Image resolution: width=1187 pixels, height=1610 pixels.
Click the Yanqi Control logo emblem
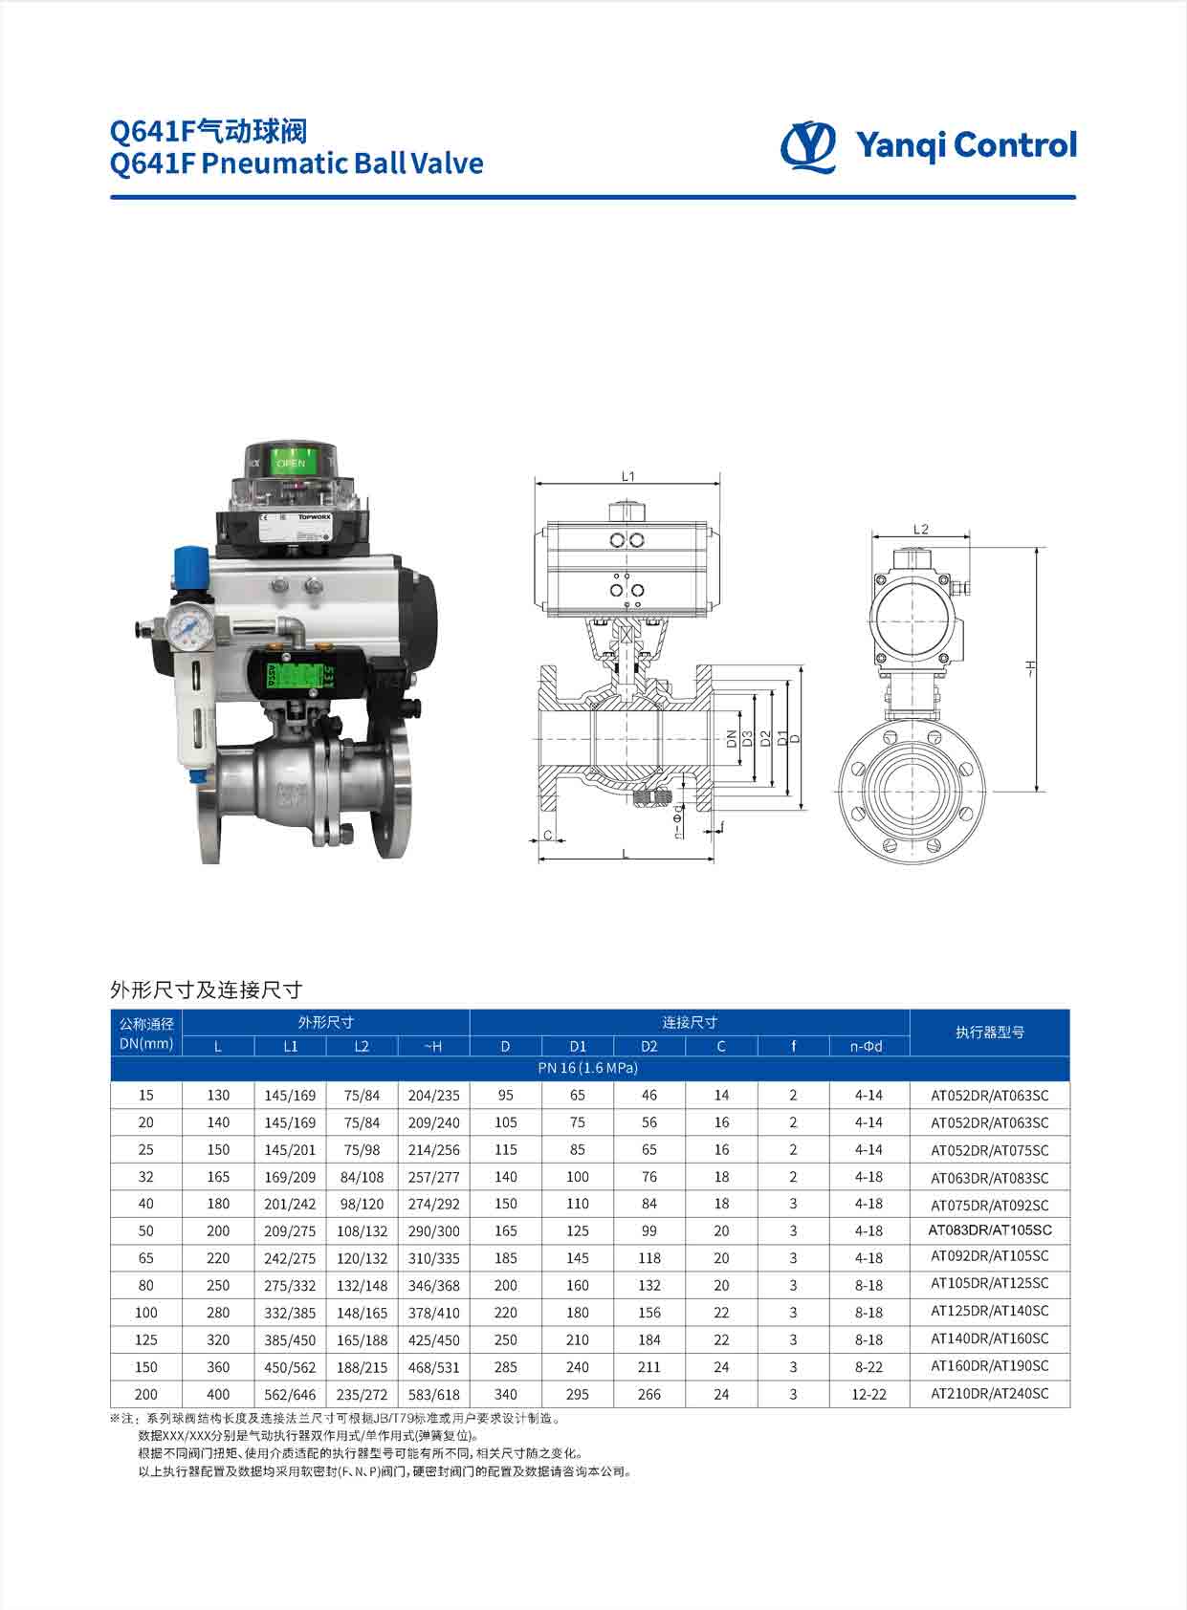(808, 146)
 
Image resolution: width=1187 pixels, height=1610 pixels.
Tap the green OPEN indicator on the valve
(293, 462)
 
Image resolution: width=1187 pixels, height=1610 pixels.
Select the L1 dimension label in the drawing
(627, 476)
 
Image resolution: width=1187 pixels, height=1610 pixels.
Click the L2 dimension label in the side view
(920, 529)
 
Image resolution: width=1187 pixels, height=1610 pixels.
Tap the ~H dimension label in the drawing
(1029, 667)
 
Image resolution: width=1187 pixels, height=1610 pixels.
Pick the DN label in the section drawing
(732, 739)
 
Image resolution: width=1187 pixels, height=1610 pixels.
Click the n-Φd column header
(867, 1047)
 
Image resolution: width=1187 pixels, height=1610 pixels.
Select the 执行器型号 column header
(989, 1033)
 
